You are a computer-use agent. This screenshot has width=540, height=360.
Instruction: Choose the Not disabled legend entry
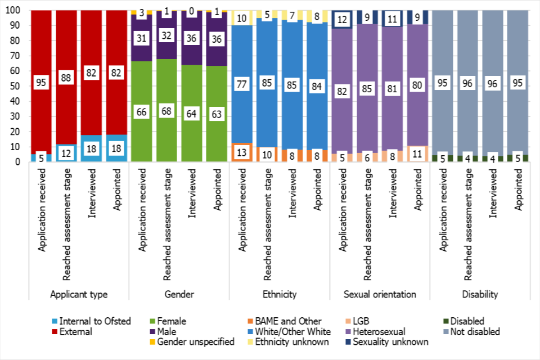(474, 331)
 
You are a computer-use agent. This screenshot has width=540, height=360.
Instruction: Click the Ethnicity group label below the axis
(280, 294)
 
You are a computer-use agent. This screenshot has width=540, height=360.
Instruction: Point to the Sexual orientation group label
(380, 294)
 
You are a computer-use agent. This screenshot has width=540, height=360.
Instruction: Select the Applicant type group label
(79, 294)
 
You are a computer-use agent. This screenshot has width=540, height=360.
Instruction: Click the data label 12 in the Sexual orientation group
(342, 20)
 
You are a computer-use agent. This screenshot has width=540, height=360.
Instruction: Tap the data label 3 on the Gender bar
(142, 13)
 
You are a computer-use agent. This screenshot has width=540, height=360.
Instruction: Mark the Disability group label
(480, 294)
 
